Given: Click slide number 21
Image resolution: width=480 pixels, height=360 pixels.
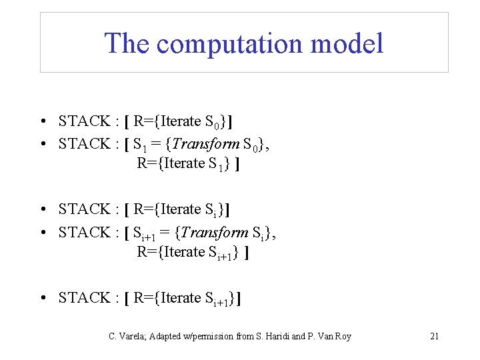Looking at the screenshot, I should coord(434,336).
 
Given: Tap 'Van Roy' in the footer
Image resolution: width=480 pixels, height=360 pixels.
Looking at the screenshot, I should coord(333,336).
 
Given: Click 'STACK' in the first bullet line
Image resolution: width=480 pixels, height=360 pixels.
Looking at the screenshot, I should coord(85,121).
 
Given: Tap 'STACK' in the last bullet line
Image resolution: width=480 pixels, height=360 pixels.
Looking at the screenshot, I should coord(85,298).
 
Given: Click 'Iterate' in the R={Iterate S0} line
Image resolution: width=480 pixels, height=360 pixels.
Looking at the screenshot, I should coord(181,121).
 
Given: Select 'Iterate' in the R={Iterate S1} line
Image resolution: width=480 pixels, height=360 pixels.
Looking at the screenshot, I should coord(183,163).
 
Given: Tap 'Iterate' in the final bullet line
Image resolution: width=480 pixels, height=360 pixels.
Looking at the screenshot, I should coord(181,298).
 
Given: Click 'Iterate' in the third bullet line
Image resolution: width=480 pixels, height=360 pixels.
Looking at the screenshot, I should coord(181,209).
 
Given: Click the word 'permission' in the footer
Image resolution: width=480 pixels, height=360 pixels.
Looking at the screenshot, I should coord(212,336).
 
